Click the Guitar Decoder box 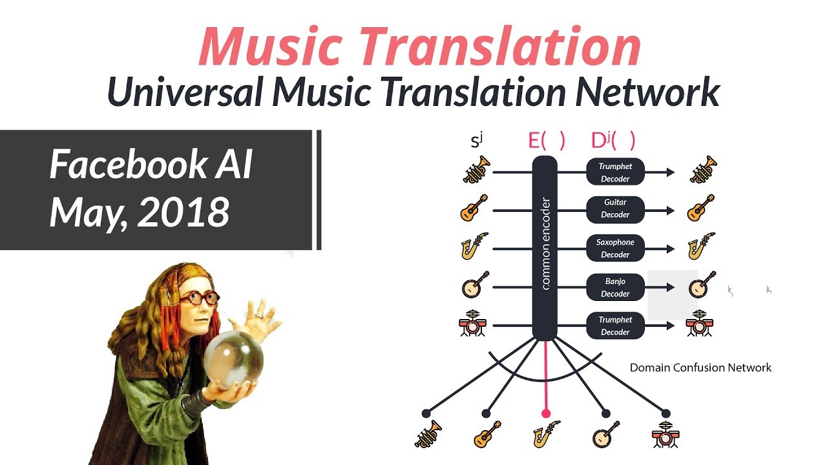coord(615,209)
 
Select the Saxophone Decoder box coord(615,248)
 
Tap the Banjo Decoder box coord(615,287)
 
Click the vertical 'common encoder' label coord(545,243)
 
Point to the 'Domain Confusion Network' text coord(700,367)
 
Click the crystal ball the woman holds coord(233,358)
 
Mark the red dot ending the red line coord(546,413)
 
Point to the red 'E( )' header coord(547,141)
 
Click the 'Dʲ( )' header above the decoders coord(613,141)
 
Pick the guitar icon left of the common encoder coord(474,209)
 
